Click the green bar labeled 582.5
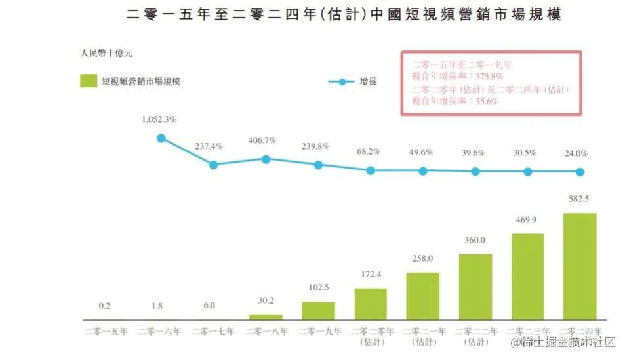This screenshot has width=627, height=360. [580, 266]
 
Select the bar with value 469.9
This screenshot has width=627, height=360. [527, 276]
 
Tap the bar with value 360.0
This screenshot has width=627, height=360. [475, 287]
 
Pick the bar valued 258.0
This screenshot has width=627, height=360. [423, 296]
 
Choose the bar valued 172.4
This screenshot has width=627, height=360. [371, 304]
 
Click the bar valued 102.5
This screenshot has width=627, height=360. [318, 310]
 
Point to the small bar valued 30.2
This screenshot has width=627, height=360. [266, 317]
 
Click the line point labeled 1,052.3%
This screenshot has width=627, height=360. [161, 138]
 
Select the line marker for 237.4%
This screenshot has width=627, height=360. [213, 165]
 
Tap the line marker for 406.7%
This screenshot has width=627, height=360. [266, 159]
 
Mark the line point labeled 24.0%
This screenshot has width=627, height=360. [580, 172]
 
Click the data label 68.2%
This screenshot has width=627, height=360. [371, 151]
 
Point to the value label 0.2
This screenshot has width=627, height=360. [104, 306]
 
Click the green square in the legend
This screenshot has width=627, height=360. [89, 81]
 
